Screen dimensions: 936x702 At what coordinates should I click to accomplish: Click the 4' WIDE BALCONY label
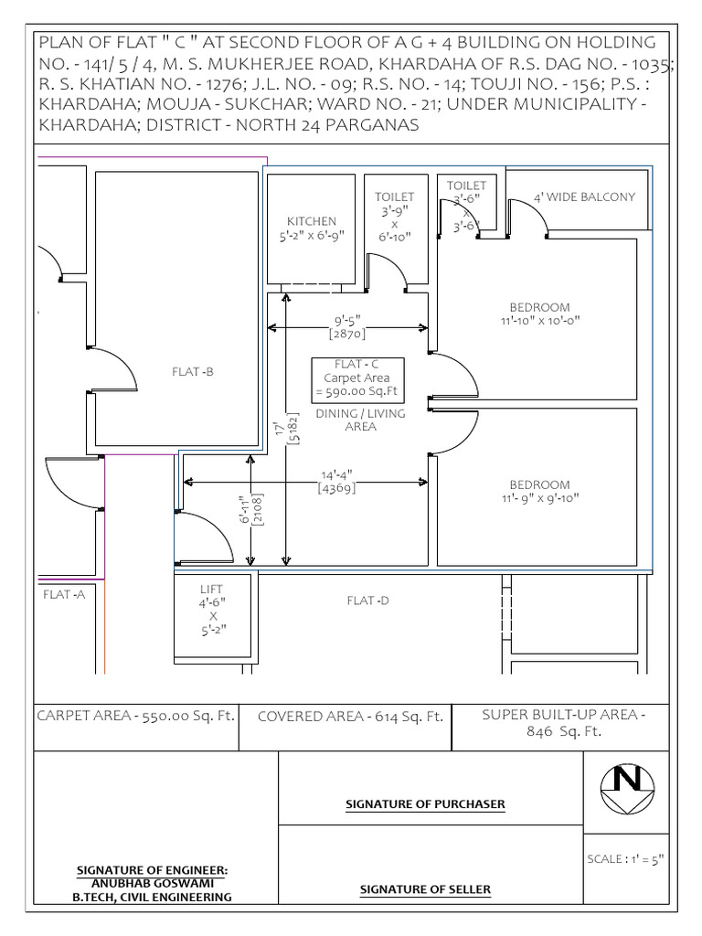[584, 197]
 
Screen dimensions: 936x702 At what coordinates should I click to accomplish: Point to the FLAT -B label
[193, 371]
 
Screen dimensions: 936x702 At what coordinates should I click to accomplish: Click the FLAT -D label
[367, 601]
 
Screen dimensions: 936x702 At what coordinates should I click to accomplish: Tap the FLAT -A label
[64, 594]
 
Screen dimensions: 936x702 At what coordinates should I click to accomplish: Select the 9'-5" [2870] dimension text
[347, 327]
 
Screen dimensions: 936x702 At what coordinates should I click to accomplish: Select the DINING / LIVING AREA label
[360, 420]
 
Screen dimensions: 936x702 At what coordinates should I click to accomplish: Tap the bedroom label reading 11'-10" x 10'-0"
[540, 314]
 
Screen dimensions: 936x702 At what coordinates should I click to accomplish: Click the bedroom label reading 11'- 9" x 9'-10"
[539, 491]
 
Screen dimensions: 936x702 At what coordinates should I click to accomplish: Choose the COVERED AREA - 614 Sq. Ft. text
[350, 718]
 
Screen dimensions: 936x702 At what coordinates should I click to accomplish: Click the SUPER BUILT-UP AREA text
[563, 723]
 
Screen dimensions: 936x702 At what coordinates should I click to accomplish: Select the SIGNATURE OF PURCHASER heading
[425, 804]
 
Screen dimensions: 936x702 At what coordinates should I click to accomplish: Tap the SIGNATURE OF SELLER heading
[425, 889]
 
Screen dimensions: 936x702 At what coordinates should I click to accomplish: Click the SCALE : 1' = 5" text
[625, 858]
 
